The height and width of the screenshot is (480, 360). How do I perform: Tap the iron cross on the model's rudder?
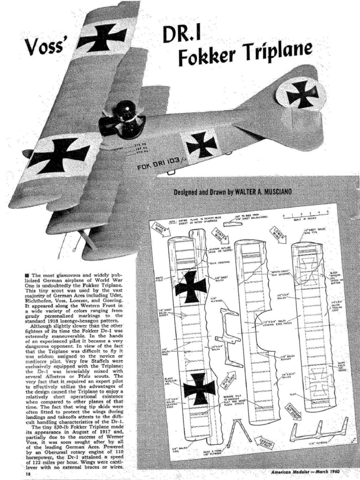click(301, 94)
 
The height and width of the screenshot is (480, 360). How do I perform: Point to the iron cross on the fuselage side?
click(201, 144)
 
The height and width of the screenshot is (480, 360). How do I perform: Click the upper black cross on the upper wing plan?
click(190, 286)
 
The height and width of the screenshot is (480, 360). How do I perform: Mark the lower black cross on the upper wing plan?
click(198, 388)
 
